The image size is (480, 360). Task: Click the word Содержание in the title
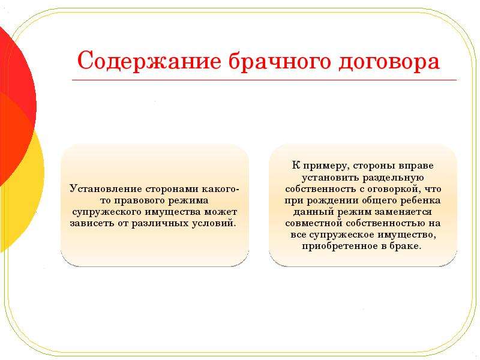pos(149,61)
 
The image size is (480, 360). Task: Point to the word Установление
pos(106,188)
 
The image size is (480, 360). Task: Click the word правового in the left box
pos(136,200)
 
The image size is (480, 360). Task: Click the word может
pos(221,212)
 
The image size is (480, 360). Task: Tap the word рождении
pos(333,200)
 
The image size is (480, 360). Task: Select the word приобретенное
pos(339,246)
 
